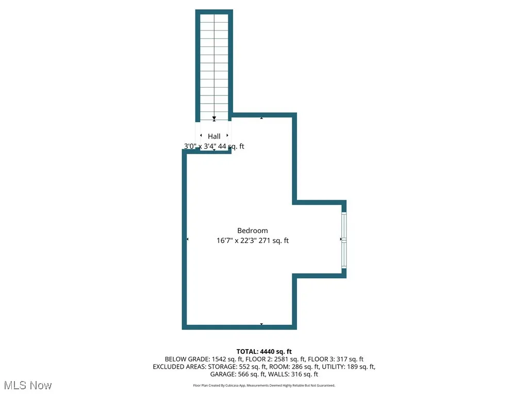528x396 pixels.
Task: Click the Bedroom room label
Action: (x=253, y=230)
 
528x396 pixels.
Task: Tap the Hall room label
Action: (x=214, y=136)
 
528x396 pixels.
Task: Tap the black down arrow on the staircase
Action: (x=214, y=119)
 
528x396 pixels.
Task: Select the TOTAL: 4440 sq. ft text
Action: (x=264, y=351)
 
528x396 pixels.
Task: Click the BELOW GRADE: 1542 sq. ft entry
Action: (x=198, y=359)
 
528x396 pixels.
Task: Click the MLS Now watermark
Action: (x=28, y=385)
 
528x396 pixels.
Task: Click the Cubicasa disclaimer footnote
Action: (x=264, y=385)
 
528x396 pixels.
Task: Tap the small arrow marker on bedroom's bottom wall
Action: (x=261, y=324)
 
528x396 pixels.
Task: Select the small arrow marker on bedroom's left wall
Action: (x=187, y=239)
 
